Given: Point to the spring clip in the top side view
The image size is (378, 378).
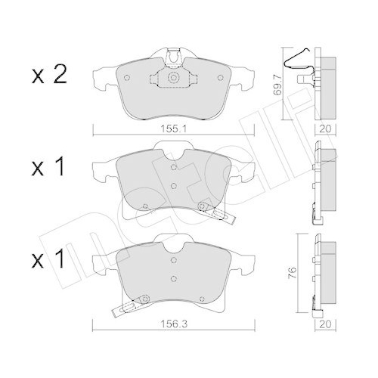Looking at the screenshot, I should tap(298, 76).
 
